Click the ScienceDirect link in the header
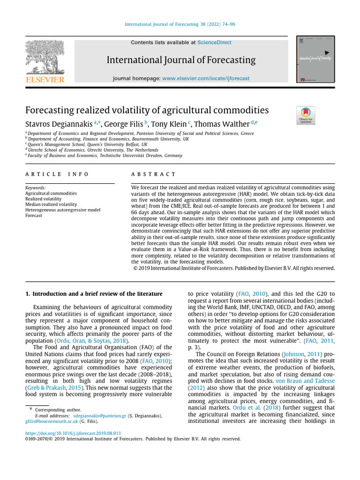click(214, 43)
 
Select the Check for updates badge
click(306, 115)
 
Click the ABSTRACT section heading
click(153, 174)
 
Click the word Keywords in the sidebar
click(35, 187)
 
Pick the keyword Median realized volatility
click(51, 204)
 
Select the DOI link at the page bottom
click(73, 433)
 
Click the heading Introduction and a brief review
click(94, 293)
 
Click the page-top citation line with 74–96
click(180, 24)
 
